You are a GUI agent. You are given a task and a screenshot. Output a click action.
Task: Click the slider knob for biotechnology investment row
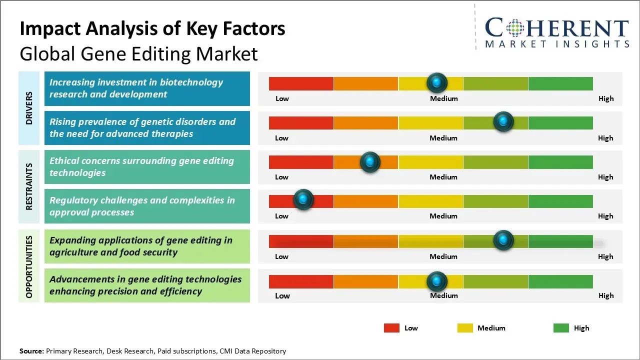[437, 82]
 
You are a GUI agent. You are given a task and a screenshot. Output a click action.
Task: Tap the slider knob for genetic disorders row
[503, 121]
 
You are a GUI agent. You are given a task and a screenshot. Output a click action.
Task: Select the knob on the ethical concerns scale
[370, 161]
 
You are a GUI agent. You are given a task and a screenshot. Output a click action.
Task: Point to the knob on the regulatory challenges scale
[303, 199]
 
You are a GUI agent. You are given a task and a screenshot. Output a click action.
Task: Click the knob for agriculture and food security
[503, 240]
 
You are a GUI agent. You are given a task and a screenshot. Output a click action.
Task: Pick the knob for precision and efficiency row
[437, 281]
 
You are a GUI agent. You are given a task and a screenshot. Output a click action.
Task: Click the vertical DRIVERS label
[29, 108]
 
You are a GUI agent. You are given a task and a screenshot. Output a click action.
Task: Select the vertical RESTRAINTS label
[29, 186]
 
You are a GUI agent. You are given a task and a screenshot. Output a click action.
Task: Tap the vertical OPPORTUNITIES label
[29, 266]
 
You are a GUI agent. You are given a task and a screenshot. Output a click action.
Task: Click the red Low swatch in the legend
[391, 328]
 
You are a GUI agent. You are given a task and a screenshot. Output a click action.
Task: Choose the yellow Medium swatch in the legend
[465, 328]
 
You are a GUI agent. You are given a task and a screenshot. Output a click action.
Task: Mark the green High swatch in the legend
[561, 328]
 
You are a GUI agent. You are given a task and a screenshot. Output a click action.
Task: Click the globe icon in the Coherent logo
[514, 28]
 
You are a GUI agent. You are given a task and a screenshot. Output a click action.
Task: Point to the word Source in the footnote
[31, 351]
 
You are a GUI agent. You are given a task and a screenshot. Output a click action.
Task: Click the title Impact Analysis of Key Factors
[152, 29]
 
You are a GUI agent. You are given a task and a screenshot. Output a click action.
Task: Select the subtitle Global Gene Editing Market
[138, 53]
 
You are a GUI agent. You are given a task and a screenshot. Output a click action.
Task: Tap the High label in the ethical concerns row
[605, 177]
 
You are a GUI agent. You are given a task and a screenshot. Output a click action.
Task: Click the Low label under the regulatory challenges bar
[281, 216]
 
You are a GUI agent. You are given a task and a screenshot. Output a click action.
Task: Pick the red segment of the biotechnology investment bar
[301, 83]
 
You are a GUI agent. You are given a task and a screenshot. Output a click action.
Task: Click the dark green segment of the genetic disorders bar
[560, 122]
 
